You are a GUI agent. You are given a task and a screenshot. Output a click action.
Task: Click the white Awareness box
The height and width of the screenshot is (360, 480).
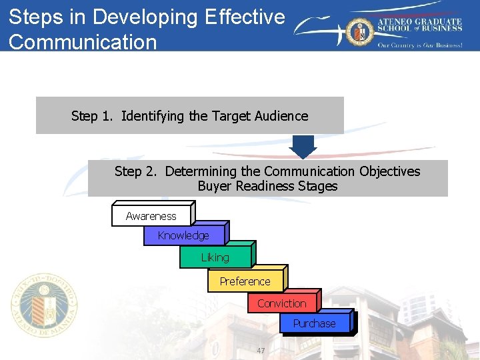pos(151,215)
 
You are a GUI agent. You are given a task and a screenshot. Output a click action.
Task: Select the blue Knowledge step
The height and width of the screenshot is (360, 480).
pos(184,235)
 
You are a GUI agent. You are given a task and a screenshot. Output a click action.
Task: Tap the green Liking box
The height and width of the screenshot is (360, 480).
pos(215,257)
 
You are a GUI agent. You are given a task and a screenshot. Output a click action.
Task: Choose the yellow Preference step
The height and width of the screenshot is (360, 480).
pos(245,281)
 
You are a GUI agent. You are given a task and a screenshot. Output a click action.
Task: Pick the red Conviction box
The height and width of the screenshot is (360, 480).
pos(282,303)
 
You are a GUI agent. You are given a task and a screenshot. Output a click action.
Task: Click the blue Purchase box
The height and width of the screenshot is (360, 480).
pos(315,323)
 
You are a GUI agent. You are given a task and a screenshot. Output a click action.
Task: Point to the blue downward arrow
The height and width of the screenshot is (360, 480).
pos(304,147)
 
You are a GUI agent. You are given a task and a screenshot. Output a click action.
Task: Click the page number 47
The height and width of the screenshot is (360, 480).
pos(261,351)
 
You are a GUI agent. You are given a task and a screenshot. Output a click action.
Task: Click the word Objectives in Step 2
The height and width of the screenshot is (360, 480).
pos(389,171)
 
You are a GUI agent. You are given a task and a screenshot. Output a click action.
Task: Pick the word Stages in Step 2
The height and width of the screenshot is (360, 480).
pos(317,186)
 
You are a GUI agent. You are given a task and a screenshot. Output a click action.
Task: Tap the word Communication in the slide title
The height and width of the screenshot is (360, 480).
pos(83,41)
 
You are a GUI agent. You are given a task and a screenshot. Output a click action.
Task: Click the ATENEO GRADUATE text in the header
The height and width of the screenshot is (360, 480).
pos(420,21)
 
